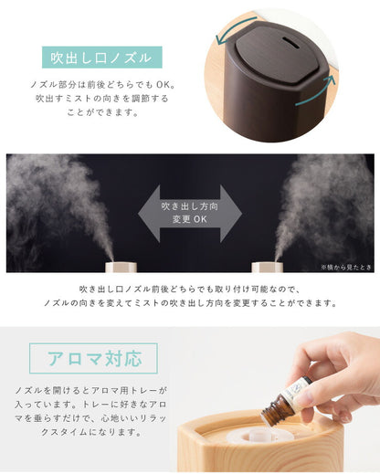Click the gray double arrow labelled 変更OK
[189, 213]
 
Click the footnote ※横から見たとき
[346, 267]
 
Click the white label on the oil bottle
[293, 390]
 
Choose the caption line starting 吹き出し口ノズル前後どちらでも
[190, 289]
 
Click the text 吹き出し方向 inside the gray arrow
[189, 205]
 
